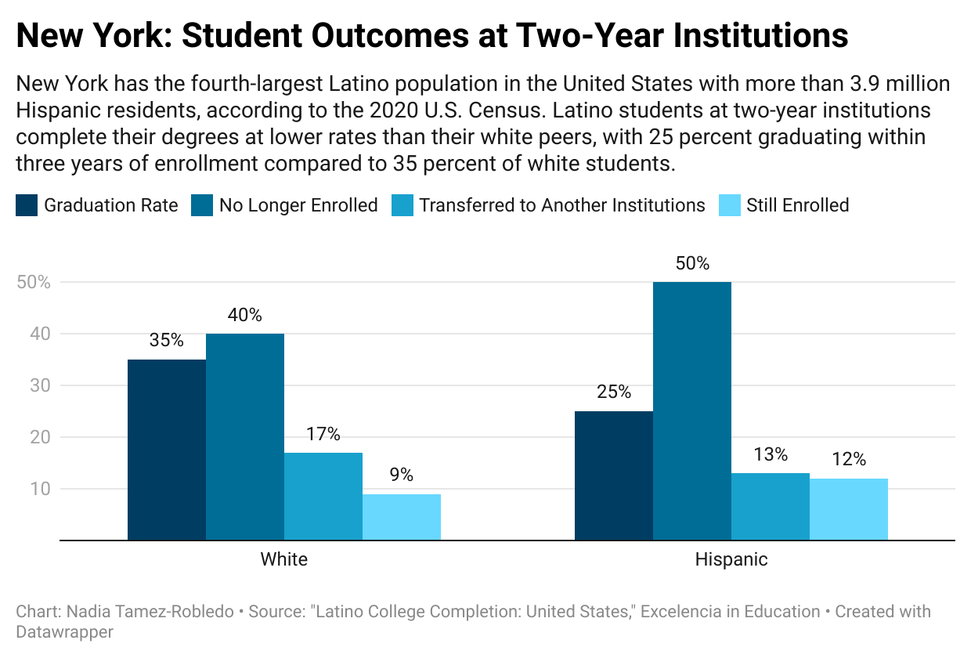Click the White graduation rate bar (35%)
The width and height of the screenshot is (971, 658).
[167, 450]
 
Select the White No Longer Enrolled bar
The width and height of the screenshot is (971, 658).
[245, 436]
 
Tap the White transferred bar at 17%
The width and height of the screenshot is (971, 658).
[323, 496]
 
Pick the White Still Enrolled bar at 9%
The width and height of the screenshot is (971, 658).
[402, 517]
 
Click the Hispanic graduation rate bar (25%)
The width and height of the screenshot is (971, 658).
[614, 475]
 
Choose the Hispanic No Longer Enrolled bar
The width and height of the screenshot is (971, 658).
[692, 410]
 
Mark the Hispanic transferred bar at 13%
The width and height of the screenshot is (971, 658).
[771, 506]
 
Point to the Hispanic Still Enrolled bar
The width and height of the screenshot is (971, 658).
[849, 509]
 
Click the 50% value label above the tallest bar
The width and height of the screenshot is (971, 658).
[692, 264]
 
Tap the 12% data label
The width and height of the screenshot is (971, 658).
[849, 459]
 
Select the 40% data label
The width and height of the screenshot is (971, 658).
[245, 316]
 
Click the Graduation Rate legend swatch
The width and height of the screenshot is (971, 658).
[27, 206]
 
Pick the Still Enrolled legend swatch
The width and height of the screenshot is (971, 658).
[729, 206]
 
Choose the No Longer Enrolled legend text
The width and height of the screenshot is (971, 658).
[298, 206]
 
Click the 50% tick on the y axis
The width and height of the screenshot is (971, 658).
[33, 283]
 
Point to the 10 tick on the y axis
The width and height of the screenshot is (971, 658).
[41, 490]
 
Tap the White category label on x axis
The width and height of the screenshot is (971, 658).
[283, 559]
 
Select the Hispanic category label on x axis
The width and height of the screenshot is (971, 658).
[731, 559]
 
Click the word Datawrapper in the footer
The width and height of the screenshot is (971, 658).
[64, 631]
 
